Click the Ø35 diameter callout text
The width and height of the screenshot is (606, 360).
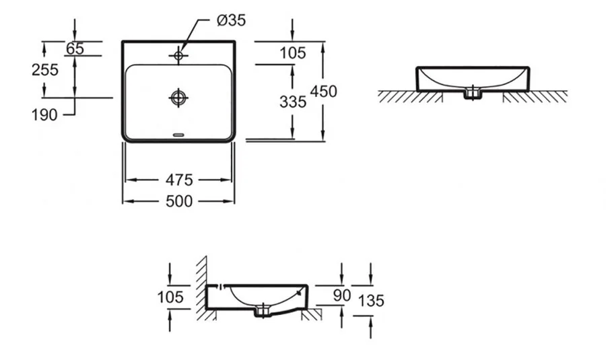(231, 20)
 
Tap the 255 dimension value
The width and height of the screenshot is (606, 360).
(45, 69)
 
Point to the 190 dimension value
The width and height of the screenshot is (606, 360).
(45, 115)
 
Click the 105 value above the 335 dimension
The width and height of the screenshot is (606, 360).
(292, 52)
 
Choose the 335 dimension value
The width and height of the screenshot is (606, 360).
(292, 101)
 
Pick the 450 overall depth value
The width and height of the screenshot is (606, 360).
(323, 92)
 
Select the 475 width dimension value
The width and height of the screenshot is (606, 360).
(178, 180)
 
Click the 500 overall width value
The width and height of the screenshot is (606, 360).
(178, 201)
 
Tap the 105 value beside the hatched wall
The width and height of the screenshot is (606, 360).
(172, 297)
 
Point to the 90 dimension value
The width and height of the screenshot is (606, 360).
(342, 294)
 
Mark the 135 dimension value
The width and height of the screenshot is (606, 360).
(371, 300)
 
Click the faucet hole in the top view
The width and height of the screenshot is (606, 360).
(178, 55)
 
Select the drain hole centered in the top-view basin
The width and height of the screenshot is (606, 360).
(178, 98)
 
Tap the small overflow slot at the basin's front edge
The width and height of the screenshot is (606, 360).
(178, 135)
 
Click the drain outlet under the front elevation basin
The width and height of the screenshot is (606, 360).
(473, 95)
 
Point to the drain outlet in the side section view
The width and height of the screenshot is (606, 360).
(263, 311)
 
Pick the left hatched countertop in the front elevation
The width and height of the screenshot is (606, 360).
(397, 96)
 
